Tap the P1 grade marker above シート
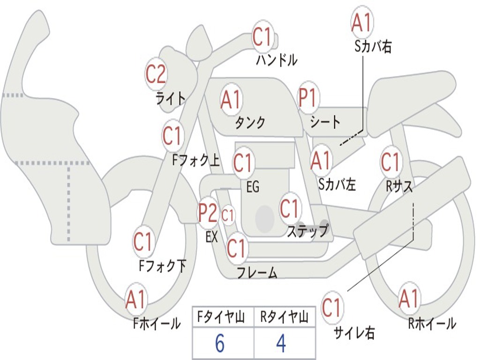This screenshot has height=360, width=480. pyautogui.click(x=308, y=98)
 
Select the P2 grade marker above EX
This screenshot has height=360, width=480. pyautogui.click(x=208, y=213)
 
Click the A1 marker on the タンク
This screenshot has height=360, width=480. pyautogui.click(x=231, y=99)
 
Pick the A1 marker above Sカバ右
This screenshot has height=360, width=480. pyautogui.click(x=361, y=22)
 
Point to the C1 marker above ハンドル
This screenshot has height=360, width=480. pyautogui.click(x=262, y=37)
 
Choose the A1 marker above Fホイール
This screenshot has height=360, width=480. pyautogui.click(x=136, y=300)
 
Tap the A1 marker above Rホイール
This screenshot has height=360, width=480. pyautogui.click(x=409, y=299)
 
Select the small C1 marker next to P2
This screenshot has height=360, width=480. pyautogui.click(x=228, y=216)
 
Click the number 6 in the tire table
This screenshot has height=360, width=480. pyautogui.click(x=220, y=344)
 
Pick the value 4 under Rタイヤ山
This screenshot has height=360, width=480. pyautogui.click(x=281, y=344)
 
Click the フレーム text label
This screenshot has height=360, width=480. pyautogui.click(x=257, y=273)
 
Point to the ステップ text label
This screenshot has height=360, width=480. pyautogui.click(x=307, y=231)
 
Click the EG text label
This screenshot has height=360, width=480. pyautogui.click(x=253, y=187)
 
